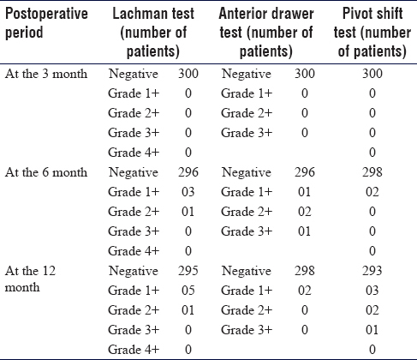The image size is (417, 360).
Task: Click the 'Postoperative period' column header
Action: click(x=46, y=23)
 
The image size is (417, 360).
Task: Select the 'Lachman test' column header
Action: click(x=153, y=33)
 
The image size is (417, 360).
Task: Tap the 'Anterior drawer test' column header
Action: click(x=266, y=33)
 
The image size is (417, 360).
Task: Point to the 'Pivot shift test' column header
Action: click(x=372, y=33)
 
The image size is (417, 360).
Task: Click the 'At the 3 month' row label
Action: click(x=46, y=74)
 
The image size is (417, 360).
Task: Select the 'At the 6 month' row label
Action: click(x=46, y=172)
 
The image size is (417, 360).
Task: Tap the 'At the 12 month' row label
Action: click(x=30, y=279)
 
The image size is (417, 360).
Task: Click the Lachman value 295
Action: click(x=188, y=271)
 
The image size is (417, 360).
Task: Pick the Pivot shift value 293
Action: click(x=372, y=271)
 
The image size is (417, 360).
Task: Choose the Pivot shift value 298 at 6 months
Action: click(x=372, y=172)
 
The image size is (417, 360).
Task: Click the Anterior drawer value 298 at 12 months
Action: click(x=305, y=271)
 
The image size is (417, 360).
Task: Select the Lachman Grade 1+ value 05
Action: click(x=188, y=291)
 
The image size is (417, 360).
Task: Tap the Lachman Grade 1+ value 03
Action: click(x=188, y=192)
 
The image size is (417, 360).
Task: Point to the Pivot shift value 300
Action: click(x=372, y=74)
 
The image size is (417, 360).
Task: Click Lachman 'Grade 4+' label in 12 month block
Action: click(x=134, y=350)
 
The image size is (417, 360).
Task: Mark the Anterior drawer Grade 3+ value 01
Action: click(x=305, y=231)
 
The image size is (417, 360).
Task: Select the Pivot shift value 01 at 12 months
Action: click(x=372, y=330)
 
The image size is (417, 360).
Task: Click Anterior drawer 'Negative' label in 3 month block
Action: click(x=247, y=75)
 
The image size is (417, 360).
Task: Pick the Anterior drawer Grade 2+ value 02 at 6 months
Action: click(x=305, y=212)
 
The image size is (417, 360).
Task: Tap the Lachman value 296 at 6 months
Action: click(x=188, y=172)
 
